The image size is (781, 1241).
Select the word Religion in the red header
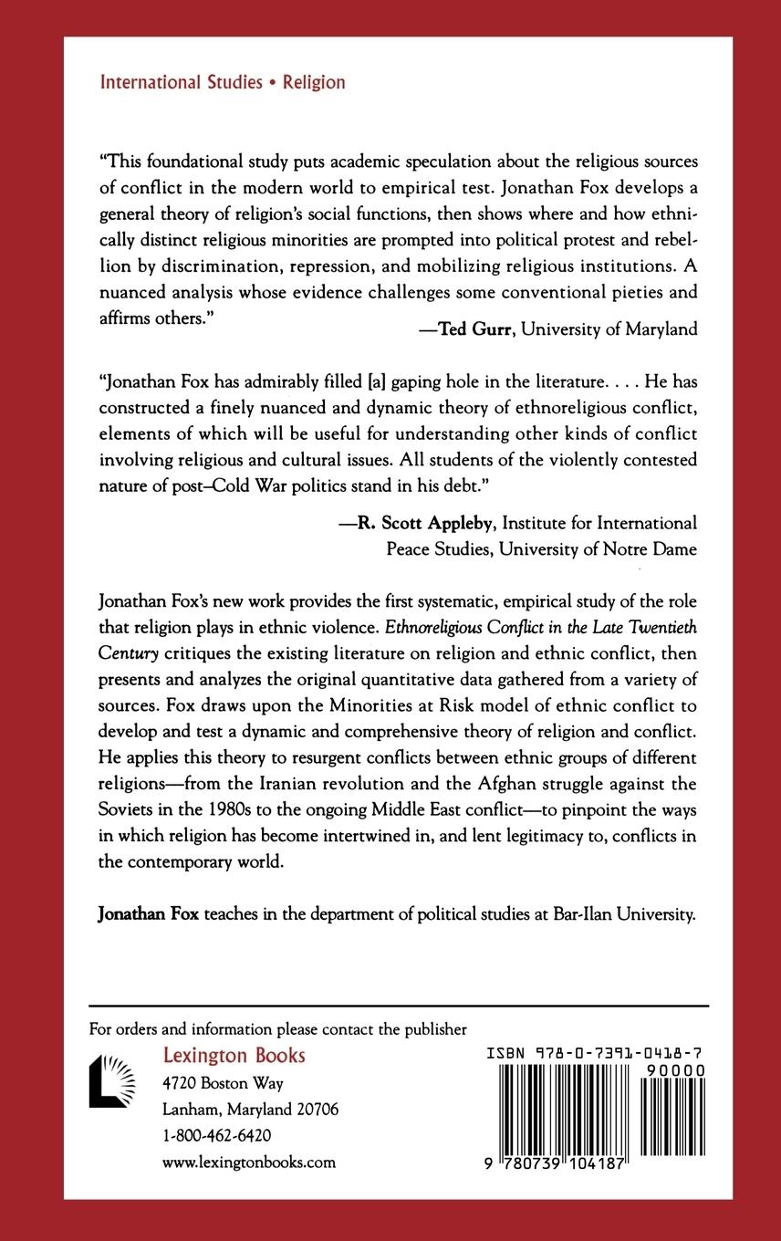(x=314, y=82)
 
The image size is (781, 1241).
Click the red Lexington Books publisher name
(x=234, y=1056)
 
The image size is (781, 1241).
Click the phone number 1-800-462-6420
(x=215, y=1136)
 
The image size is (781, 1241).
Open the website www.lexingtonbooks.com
(x=248, y=1163)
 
